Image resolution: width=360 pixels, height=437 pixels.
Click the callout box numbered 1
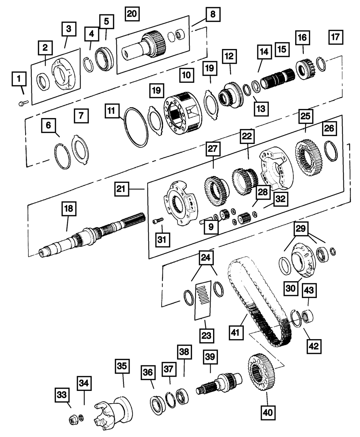tap(19, 79)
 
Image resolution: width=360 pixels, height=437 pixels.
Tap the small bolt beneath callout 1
tap(23, 103)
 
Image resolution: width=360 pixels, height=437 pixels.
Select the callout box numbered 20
tap(132, 14)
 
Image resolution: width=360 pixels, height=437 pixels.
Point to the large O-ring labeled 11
tap(136, 127)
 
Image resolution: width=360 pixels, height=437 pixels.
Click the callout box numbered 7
tap(81, 116)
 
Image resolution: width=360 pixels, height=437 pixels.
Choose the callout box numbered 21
tap(122, 189)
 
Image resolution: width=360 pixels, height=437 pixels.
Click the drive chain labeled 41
tap(260, 303)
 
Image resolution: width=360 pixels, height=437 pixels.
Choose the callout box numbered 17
tap(336, 37)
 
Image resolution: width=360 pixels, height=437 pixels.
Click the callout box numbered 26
tap(329, 128)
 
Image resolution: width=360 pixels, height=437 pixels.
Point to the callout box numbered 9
tap(211, 226)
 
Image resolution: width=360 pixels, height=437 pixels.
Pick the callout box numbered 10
tap(186, 75)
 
